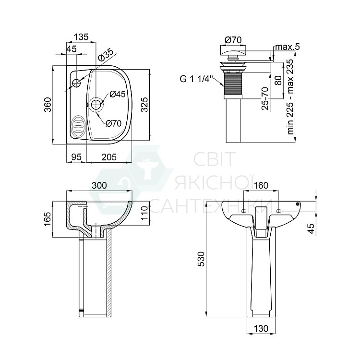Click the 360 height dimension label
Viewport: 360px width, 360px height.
tap(48, 105)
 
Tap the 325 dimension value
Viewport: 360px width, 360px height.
tap(144, 105)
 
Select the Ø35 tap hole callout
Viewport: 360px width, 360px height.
tap(106, 55)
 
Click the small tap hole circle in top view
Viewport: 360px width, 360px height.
tap(76, 83)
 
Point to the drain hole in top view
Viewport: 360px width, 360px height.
tap(96, 105)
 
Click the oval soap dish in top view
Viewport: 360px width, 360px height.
tap(78, 127)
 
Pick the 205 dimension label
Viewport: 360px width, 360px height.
tap(109, 157)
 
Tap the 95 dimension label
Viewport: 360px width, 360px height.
tap(76, 157)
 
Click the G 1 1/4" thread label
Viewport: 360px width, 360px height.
tap(197, 79)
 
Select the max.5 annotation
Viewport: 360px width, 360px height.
tap(288, 47)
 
